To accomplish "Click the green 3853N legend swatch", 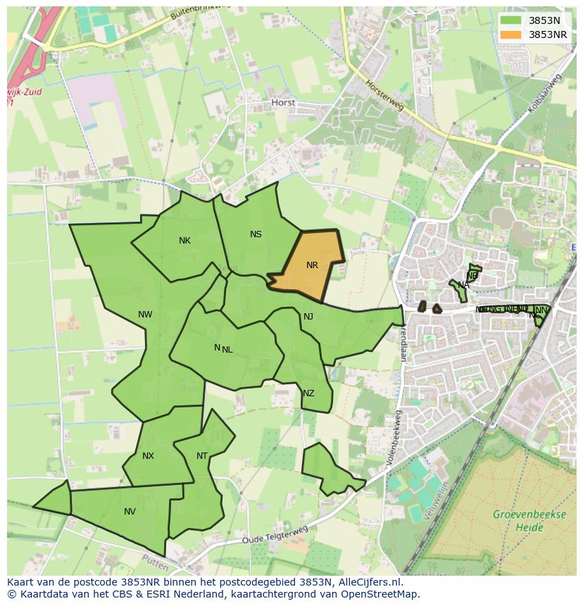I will click(x=511, y=21).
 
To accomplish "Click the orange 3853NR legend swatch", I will click(x=511, y=34).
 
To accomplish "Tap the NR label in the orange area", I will click(x=312, y=265).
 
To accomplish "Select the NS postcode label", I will click(x=256, y=234).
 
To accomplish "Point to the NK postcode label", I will click(x=184, y=241).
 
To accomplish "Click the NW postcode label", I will click(x=145, y=315).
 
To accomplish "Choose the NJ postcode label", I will click(x=308, y=317).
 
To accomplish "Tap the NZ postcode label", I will click(x=308, y=393).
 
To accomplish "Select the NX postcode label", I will click(x=148, y=456).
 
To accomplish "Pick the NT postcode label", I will click(x=202, y=456).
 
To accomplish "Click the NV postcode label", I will click(x=130, y=512).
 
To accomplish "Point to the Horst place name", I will click(x=283, y=103).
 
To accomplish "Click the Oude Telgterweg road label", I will click(x=275, y=535).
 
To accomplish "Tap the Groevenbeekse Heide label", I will click(x=529, y=520).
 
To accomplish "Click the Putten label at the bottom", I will click(x=155, y=564).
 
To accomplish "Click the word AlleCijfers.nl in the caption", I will click(x=369, y=582).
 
